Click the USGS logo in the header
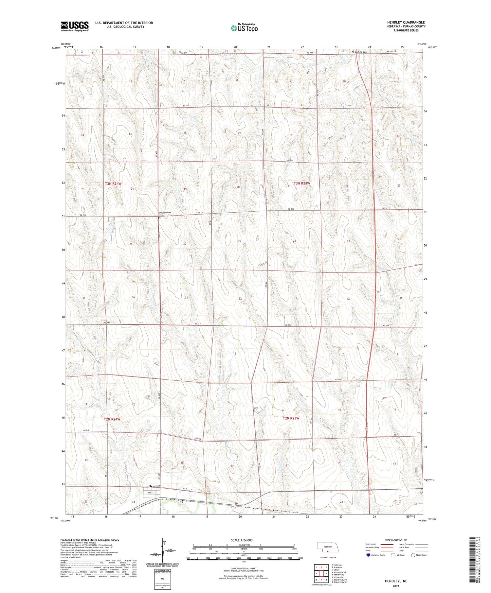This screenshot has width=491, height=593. pos(75,26)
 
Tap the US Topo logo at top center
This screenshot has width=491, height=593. pos(244,28)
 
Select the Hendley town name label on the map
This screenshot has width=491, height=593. pos(154,486)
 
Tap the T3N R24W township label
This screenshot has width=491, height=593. pos(113,184)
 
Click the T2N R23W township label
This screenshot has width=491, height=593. pos(291,418)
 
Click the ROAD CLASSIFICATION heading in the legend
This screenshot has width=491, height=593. pos(396,540)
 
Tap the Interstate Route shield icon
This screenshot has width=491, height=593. pos(368,555)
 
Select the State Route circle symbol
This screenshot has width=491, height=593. pos(413,555)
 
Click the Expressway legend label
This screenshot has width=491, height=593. pos(370,544)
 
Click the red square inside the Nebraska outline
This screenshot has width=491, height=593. pos(327,551)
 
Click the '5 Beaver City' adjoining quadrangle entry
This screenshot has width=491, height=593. pos(338,574)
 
